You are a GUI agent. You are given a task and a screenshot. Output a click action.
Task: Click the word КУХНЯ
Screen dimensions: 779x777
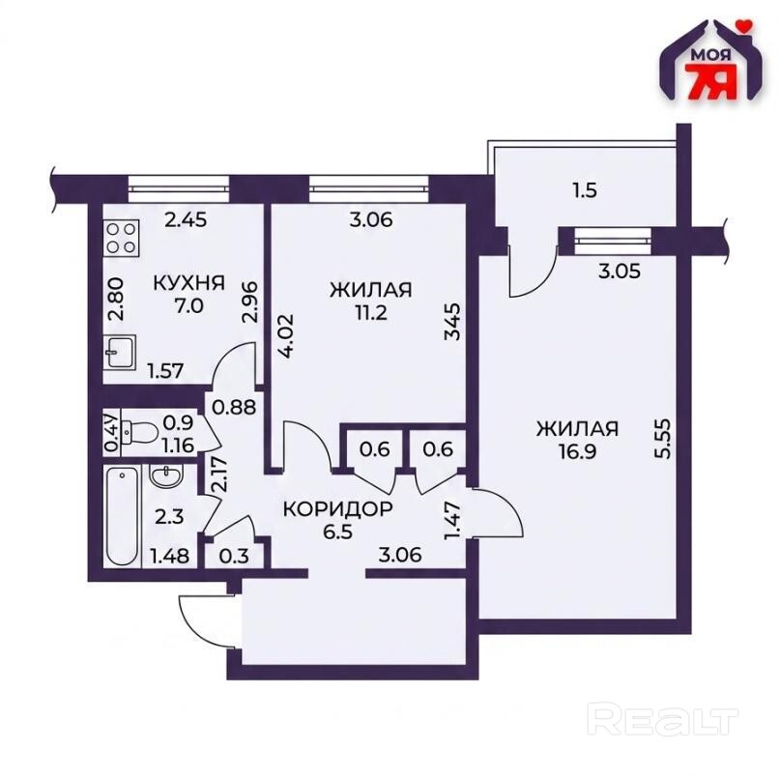(x=188, y=283)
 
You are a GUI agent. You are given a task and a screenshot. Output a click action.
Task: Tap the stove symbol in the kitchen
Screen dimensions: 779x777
(x=122, y=238)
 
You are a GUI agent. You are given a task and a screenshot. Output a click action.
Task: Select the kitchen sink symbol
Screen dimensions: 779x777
(x=120, y=352)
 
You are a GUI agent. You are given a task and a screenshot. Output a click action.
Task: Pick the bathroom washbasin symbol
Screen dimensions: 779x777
(x=166, y=478)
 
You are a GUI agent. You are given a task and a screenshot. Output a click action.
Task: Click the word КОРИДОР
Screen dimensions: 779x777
(x=338, y=508)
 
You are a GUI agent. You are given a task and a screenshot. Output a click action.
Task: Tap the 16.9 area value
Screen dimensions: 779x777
(x=577, y=452)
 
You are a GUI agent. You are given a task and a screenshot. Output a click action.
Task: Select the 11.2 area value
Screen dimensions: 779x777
(x=371, y=313)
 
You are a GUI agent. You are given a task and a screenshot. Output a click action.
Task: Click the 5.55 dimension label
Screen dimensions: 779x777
(x=664, y=438)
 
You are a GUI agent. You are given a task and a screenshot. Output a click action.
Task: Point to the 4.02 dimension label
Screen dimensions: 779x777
(x=288, y=336)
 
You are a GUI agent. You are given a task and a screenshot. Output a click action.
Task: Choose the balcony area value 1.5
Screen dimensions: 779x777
(x=585, y=190)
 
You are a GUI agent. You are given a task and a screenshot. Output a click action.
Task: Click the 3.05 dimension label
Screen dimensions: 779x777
(x=619, y=272)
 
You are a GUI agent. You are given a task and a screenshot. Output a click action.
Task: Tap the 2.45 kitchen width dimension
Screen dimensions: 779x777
(x=186, y=219)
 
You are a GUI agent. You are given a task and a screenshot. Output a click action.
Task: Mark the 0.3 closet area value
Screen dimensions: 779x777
(x=234, y=556)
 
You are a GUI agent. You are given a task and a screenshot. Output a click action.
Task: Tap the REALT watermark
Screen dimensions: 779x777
(x=663, y=717)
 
